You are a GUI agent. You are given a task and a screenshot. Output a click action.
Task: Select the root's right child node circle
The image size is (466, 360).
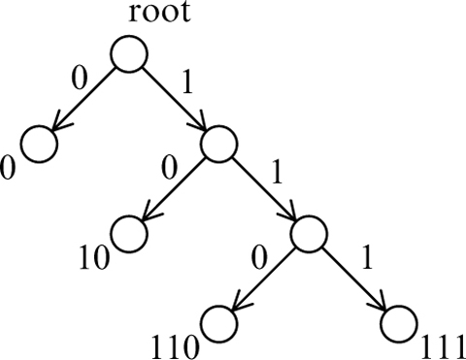(x=219, y=144)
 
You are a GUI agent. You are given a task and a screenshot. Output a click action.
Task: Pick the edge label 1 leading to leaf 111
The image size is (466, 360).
(x=366, y=260)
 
